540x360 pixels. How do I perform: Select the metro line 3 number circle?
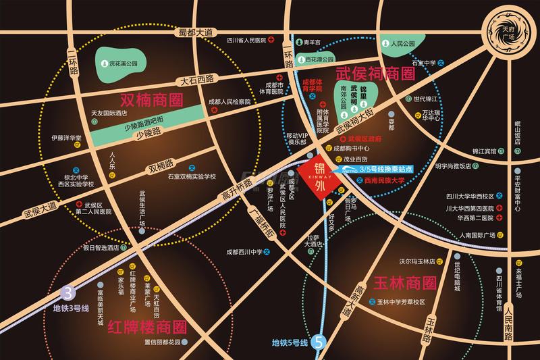pos(66,293)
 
